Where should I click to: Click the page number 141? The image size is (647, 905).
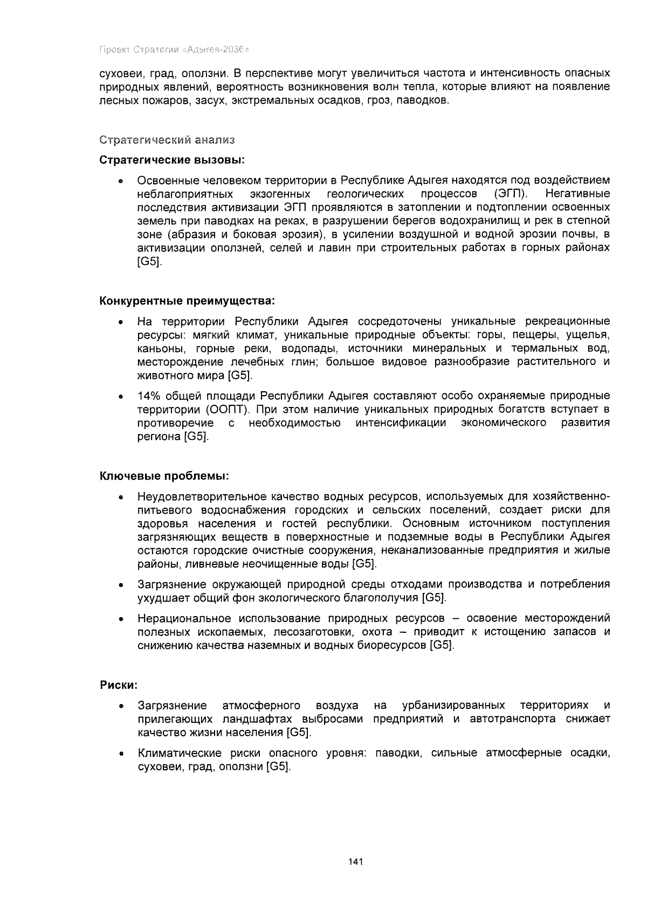tap(356, 861)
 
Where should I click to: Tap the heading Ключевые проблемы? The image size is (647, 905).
tap(165, 476)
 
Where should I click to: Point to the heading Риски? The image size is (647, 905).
tap(119, 685)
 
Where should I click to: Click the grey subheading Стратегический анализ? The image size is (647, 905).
tap(168, 140)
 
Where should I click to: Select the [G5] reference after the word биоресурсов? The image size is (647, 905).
tap(442, 645)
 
